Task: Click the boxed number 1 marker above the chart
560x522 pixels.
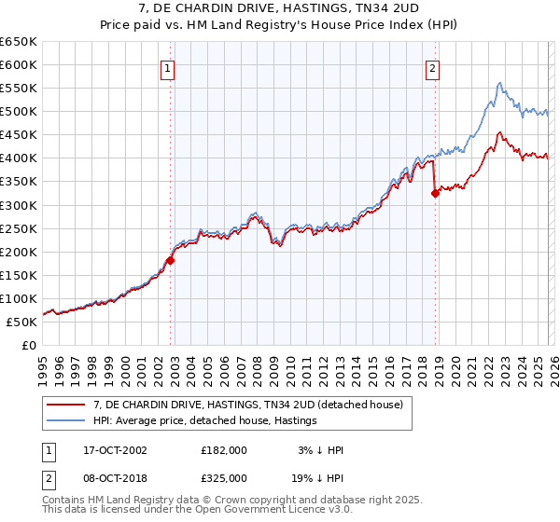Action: pos(167,67)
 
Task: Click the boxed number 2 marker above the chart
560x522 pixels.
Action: pos(433,67)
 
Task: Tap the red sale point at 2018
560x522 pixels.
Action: pos(435,194)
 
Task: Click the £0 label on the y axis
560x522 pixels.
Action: pos(28,345)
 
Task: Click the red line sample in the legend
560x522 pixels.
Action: pos(67,405)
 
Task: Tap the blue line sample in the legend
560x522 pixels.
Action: pos(67,421)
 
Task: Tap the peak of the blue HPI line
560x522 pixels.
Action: pos(500,83)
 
